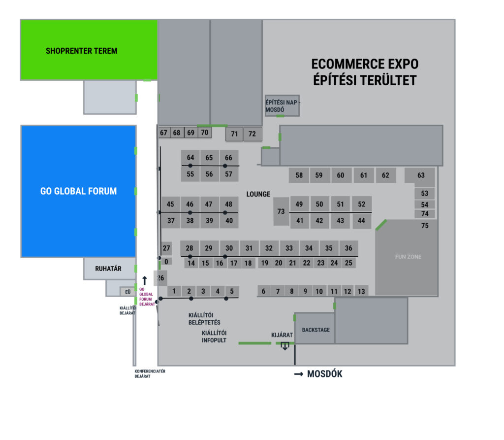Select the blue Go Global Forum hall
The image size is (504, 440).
pos(78,191)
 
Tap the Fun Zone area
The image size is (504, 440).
pos(408,257)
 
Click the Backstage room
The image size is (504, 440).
pos(315,329)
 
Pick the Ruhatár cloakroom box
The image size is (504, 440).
pos(108,269)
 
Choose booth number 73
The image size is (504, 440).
pos(281,211)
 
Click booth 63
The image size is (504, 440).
pos(420,176)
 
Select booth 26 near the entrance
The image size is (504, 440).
pos(160,278)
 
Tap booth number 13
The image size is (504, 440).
pos(361,291)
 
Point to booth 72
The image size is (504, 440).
pos(252,134)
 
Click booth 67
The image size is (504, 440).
pos(164,133)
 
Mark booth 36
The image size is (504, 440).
pos(348,248)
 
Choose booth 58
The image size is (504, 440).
pos(299,175)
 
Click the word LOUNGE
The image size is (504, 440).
pos(258,194)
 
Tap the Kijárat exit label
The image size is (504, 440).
pos(282,335)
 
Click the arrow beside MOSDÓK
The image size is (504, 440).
pos(299,374)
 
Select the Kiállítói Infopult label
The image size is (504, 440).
pos(214,337)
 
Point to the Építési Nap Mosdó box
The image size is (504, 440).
pos(282,105)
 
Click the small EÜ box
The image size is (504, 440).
pos(128,292)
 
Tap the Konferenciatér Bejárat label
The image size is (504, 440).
pos(150,373)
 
